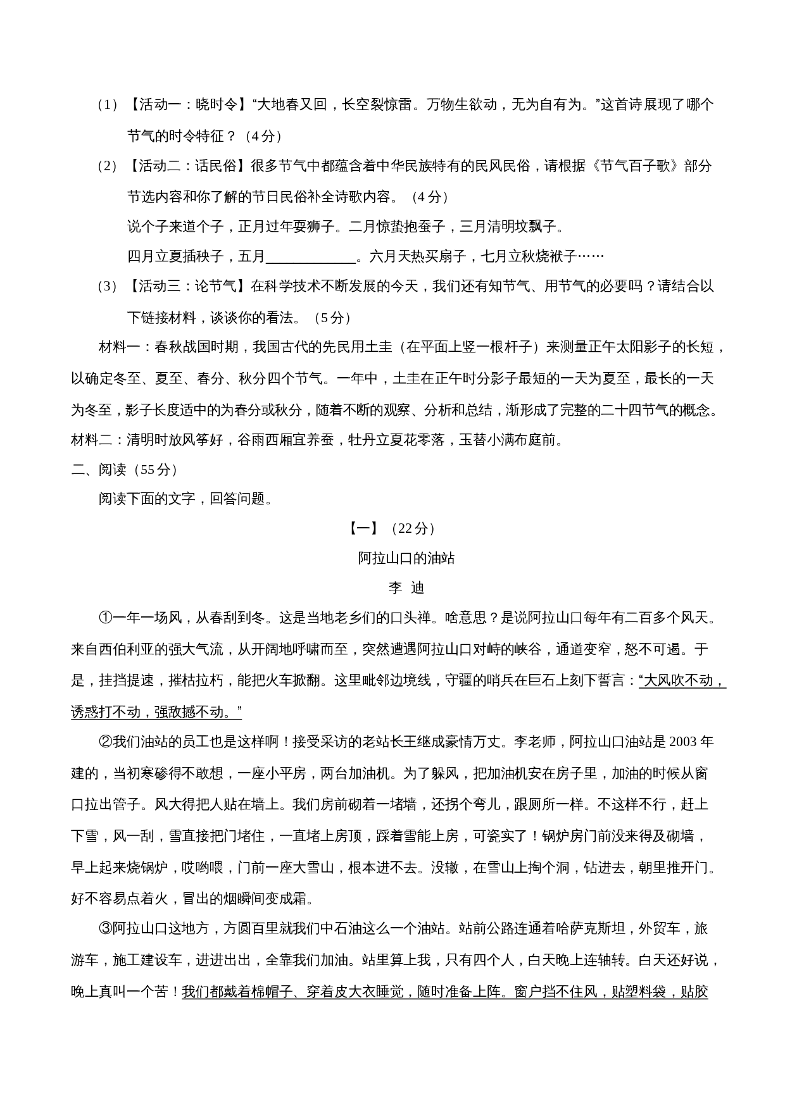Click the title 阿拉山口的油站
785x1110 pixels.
406,558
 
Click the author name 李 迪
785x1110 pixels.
406,588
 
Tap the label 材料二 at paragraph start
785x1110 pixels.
92,440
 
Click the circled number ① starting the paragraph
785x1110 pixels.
105,618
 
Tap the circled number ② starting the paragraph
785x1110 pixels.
105,742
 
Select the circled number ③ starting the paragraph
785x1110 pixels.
105,929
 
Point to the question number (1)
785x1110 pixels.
107,105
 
